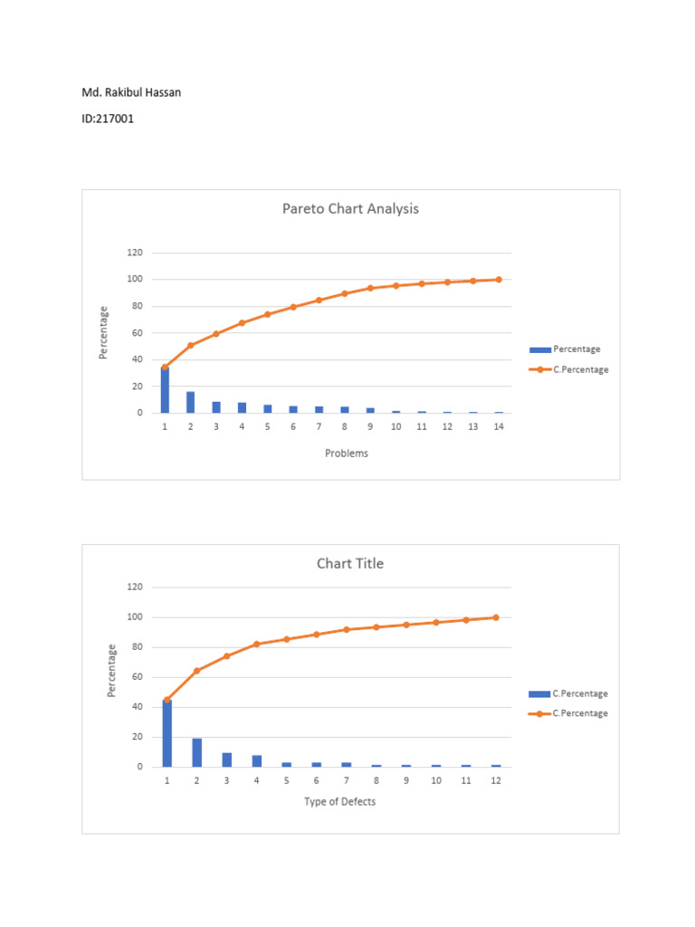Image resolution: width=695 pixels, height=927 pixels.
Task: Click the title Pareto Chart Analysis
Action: (x=350, y=209)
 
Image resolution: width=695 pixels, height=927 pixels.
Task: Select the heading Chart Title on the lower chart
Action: (x=350, y=563)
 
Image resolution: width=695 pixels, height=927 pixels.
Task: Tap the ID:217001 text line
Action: (x=108, y=118)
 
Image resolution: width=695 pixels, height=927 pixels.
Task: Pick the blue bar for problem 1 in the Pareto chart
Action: (x=165, y=390)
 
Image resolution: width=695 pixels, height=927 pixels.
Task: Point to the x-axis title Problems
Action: (x=347, y=454)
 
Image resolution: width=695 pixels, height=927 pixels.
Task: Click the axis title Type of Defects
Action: (x=339, y=801)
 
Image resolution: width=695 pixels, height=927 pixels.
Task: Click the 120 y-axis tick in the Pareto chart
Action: (x=133, y=253)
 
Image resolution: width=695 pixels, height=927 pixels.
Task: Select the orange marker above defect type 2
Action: (x=196, y=671)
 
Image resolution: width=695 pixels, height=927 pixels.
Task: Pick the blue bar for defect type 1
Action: (x=167, y=733)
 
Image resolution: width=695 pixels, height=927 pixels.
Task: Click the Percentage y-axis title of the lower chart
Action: (x=112, y=670)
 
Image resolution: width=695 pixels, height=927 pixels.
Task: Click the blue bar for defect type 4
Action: (x=256, y=760)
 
